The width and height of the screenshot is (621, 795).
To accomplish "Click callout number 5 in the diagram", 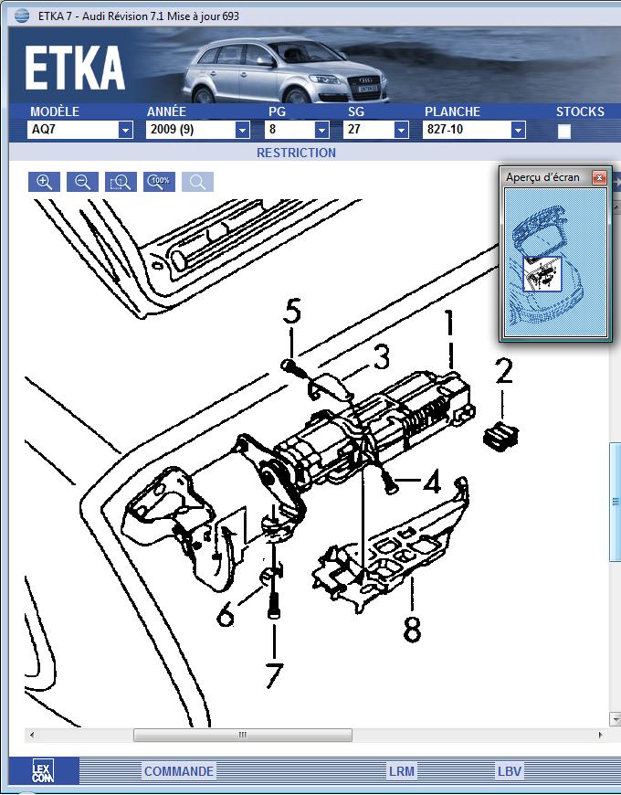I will pos(291,312).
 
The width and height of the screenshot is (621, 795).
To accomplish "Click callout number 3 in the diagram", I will pos(380,355).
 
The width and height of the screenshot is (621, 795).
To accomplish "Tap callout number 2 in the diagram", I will pos(504,370).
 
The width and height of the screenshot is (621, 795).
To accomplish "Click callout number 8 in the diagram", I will pos(413,630).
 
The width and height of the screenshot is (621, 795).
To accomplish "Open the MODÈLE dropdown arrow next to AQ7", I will pos(125,130).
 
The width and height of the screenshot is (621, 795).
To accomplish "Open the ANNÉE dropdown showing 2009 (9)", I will pos(242,130).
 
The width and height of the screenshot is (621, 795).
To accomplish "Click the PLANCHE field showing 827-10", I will pos(467,130).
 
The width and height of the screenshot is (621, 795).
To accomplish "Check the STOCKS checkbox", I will pos(564,131).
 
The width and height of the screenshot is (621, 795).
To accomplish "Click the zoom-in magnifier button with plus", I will pos(44,181).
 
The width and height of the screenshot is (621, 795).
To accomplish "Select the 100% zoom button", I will pos(159,181).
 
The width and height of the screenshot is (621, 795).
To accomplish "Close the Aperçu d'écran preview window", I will pos(599,177).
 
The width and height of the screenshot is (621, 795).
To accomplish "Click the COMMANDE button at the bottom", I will pos(179,771).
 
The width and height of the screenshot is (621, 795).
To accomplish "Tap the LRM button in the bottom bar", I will pos(401,771).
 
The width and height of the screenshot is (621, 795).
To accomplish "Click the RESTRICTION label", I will pos(296,153).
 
